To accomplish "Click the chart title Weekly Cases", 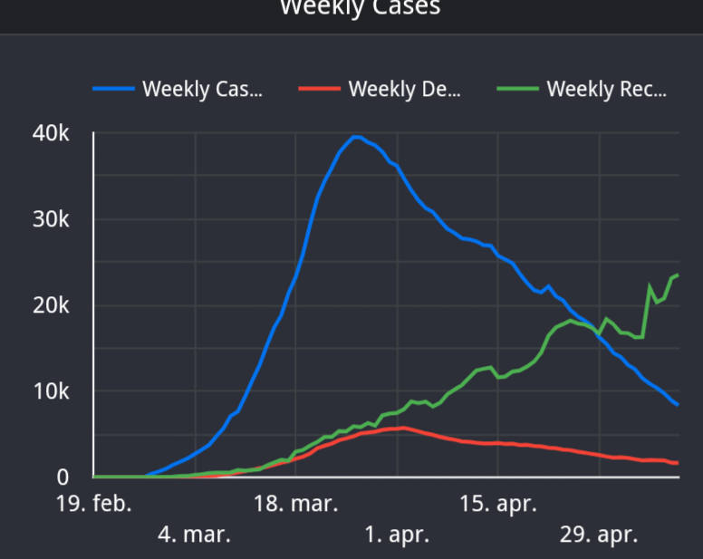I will click(x=360, y=8).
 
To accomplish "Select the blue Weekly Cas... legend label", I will click(x=203, y=89).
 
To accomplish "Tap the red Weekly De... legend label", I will click(x=405, y=89).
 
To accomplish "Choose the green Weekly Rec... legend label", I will click(x=607, y=89).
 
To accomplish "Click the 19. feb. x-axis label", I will click(x=93, y=504).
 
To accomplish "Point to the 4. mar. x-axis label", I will click(x=194, y=535).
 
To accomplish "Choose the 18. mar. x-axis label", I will click(x=295, y=504).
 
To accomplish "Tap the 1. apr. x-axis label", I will click(x=397, y=535).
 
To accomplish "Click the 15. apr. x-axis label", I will click(x=497, y=504).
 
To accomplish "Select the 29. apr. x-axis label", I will click(x=599, y=535).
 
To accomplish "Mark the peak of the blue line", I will click(x=356, y=137).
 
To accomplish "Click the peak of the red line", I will click(x=402, y=428).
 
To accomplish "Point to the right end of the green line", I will click(x=678, y=275).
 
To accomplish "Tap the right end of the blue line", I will click(x=678, y=404).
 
